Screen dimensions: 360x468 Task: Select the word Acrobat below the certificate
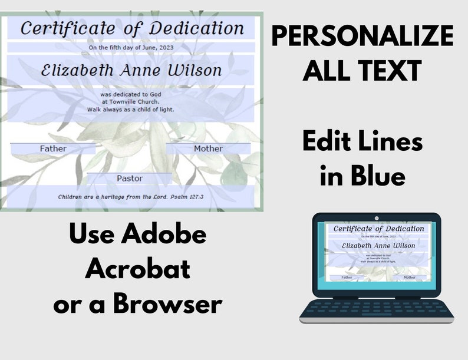(137, 269)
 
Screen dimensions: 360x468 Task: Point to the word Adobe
(164, 235)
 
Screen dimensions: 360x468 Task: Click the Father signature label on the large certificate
(53, 148)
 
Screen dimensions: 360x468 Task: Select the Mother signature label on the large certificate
(208, 148)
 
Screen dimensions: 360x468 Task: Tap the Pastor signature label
(130, 178)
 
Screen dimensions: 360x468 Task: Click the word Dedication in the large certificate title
(196, 28)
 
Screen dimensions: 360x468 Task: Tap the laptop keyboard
(376, 309)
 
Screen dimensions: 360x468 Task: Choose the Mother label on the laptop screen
(409, 277)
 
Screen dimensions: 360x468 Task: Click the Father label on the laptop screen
(347, 277)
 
